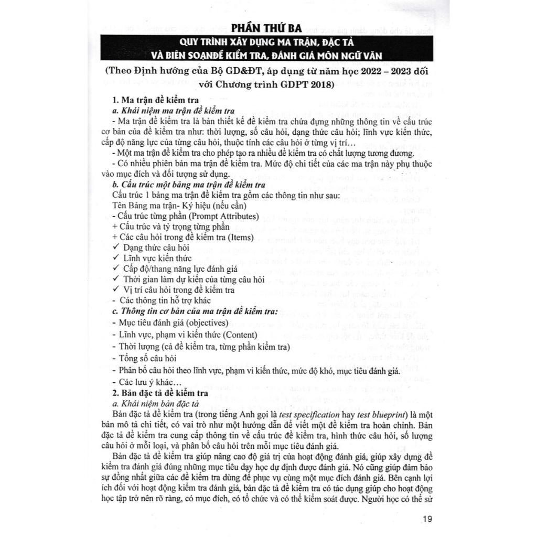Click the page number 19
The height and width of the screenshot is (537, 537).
[426, 519]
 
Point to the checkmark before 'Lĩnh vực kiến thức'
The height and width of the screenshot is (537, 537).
[116, 258]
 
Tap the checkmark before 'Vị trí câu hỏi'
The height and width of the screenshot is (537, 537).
[116, 289]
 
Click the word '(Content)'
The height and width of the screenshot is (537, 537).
[240, 335]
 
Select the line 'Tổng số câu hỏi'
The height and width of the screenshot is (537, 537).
[144, 359]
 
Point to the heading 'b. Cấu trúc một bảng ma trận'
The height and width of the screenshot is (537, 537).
[189, 185]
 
